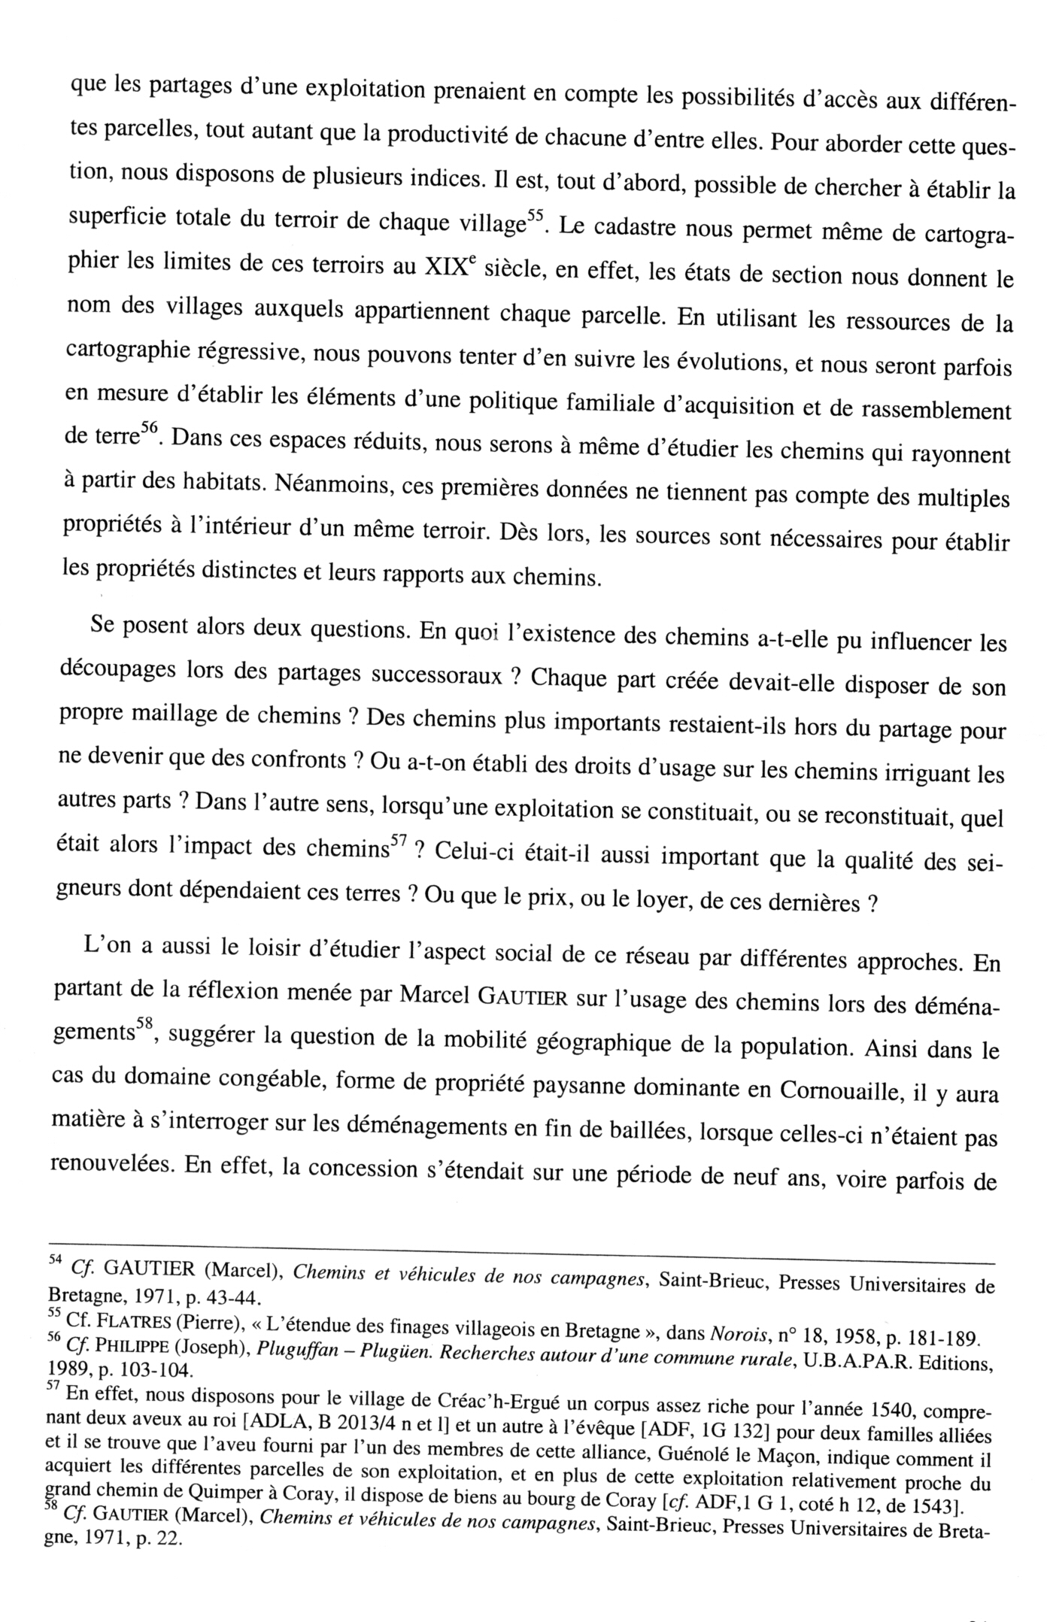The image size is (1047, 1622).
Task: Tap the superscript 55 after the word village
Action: click(533, 215)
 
